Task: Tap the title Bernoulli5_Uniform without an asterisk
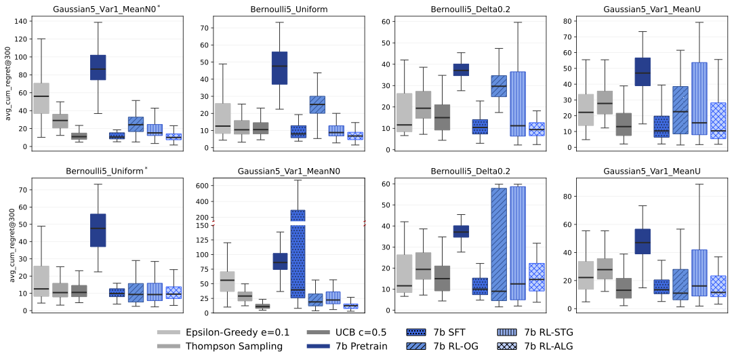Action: coord(279,9)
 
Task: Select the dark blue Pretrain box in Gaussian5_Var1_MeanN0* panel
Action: coord(98,67)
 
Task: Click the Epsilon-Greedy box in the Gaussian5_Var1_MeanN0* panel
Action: coord(41,98)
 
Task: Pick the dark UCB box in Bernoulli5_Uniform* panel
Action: coord(79,291)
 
